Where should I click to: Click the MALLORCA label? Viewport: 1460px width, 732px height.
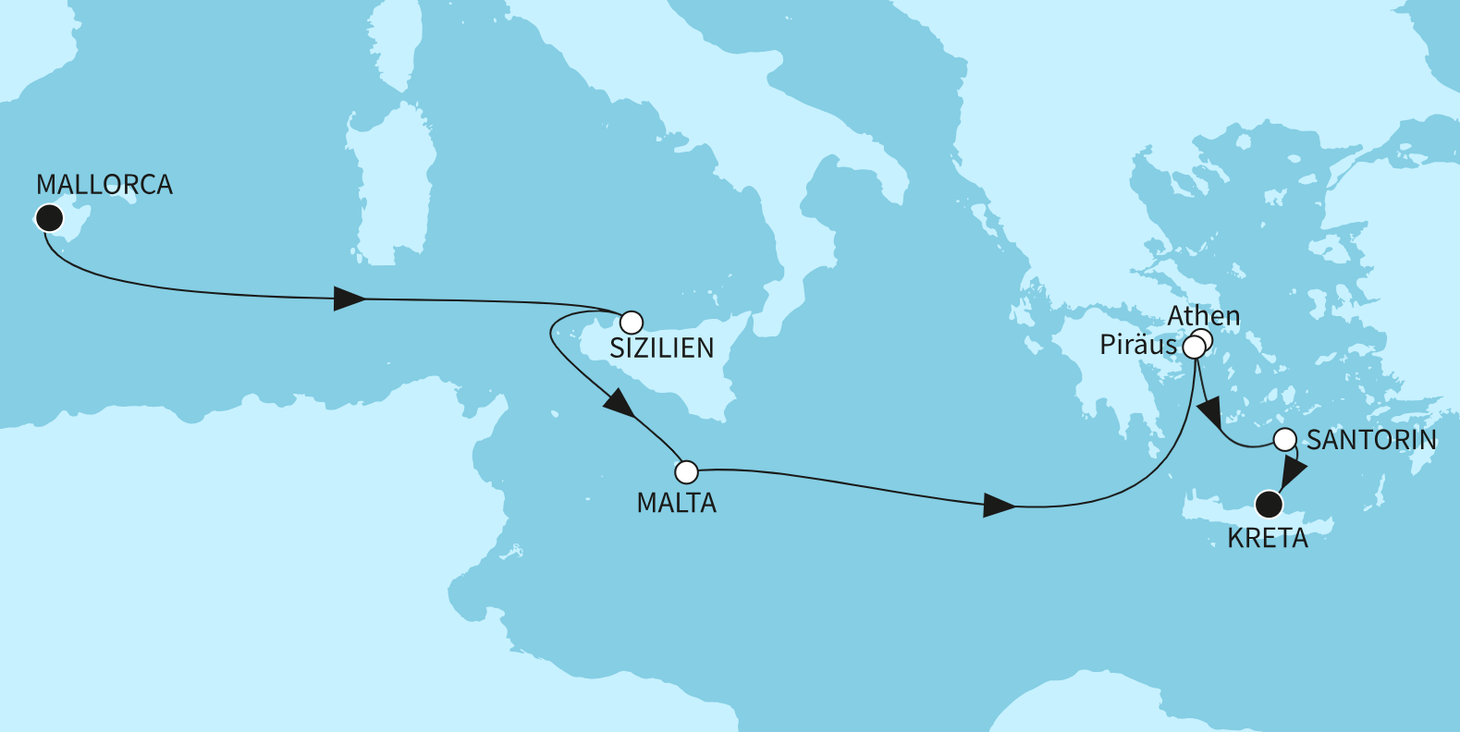[104, 185]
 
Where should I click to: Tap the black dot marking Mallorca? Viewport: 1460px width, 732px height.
[48, 218]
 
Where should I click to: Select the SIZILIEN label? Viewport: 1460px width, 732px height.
[662, 348]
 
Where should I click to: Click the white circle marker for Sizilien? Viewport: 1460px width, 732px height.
[631, 322]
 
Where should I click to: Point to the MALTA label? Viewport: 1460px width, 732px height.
[677, 503]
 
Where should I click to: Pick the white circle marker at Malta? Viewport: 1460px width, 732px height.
[686, 472]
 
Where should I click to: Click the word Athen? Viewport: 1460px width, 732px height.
[1203, 316]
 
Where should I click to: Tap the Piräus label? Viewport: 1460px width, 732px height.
[1138, 346]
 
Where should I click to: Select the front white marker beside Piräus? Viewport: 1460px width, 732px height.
[1194, 348]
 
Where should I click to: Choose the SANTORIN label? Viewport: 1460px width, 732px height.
[1371, 440]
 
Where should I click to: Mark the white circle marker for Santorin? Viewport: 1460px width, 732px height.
[1285, 440]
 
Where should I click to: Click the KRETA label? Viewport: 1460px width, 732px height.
[1268, 538]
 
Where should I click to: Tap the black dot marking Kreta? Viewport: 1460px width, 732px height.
[1270, 505]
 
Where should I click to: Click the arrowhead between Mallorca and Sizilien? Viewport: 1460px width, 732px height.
[350, 299]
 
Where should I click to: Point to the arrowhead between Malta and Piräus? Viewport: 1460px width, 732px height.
[999, 506]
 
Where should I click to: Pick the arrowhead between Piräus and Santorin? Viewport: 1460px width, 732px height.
[1209, 411]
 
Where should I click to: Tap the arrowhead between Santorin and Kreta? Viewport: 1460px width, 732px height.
[1291, 472]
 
